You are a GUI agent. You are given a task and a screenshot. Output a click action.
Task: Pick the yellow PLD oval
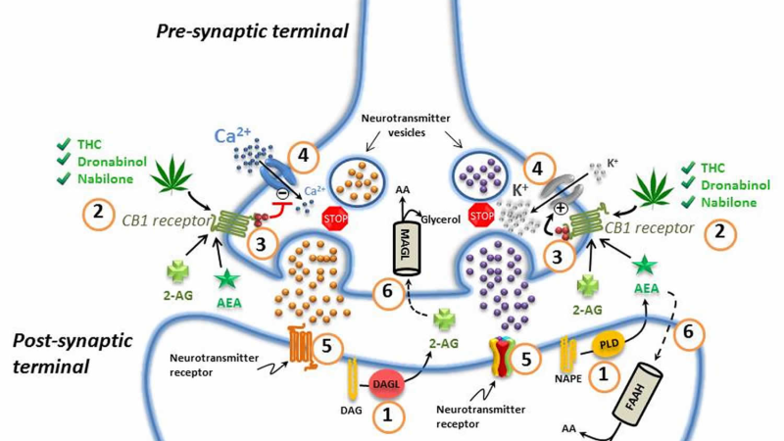pos(609,344)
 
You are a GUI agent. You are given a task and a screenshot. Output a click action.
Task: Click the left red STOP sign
pos(335,218)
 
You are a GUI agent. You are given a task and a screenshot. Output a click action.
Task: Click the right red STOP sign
pos(481,216)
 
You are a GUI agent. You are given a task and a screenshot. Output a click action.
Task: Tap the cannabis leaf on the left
pos(171,174)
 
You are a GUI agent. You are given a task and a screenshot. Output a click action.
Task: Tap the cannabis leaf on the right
pos(653,190)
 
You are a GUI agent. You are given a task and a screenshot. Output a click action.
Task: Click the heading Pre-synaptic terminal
pos(252,31)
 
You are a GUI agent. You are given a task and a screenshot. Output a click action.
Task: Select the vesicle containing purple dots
pos(480,175)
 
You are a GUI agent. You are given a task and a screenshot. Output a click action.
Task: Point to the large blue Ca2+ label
pos(232,135)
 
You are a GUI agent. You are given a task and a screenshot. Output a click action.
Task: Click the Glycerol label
pos(440,220)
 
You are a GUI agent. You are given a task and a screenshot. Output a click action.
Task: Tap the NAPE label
pos(568,378)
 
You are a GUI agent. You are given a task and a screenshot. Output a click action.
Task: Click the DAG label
pos(351,411)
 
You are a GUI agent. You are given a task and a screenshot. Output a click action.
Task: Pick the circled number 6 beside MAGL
pos(387,292)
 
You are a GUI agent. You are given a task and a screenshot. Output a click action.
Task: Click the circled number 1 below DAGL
pos(387,416)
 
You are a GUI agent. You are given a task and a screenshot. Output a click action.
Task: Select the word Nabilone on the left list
pos(105,179)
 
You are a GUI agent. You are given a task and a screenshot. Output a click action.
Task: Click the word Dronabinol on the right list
pos(736,185)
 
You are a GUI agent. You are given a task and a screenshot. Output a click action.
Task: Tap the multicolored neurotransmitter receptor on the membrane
pos(501,357)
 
